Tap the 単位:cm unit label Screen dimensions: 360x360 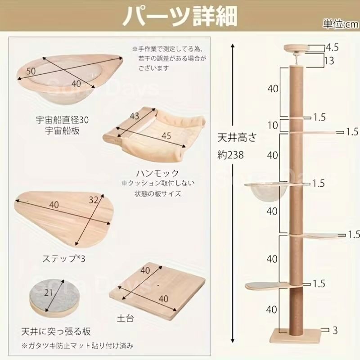tap(341, 24)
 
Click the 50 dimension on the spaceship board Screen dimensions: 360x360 tap(31, 71)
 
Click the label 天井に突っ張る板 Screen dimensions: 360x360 tap(56, 332)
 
